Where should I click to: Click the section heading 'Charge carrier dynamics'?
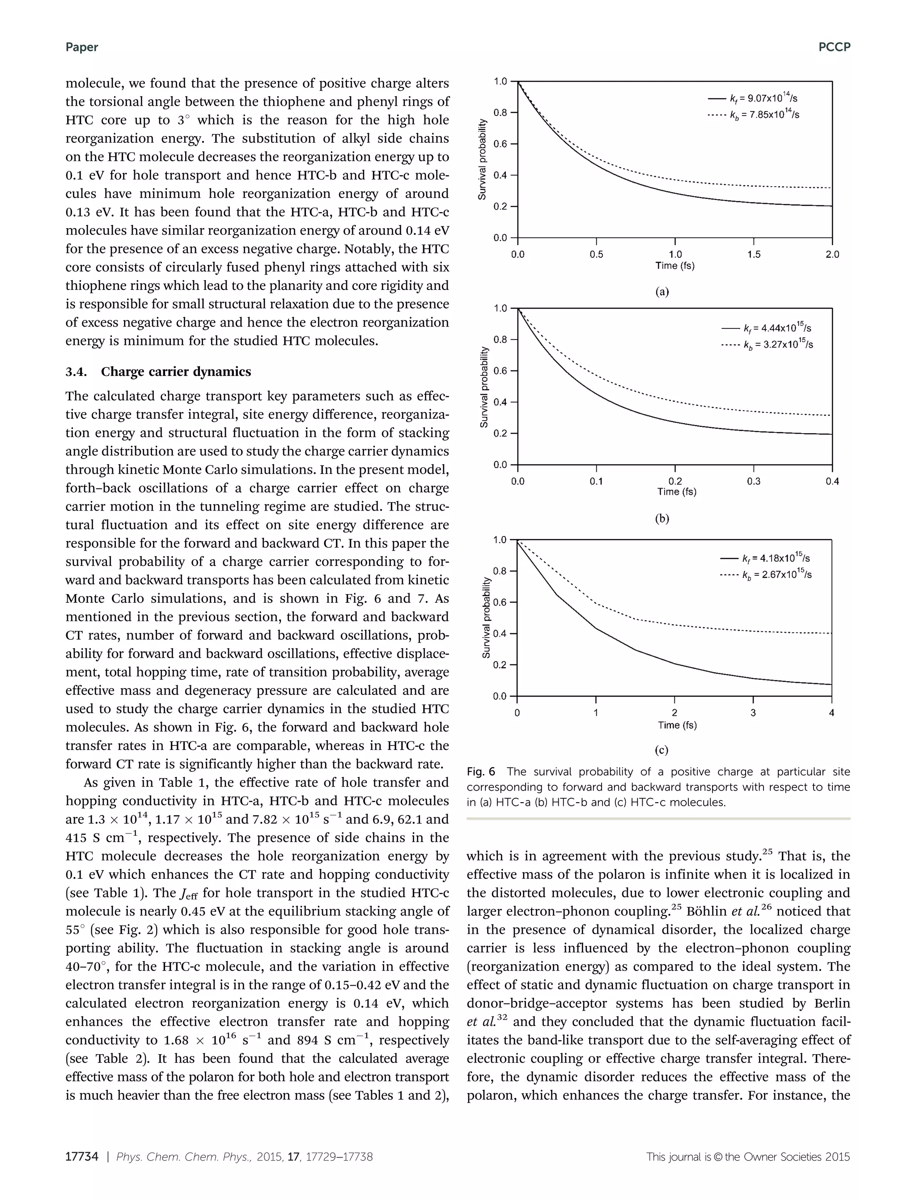click(176, 372)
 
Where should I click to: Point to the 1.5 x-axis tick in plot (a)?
click(754, 254)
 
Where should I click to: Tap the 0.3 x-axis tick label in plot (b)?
click(754, 481)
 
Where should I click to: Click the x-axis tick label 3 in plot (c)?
click(753, 713)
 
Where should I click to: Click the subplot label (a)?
click(662, 292)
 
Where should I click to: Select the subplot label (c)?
click(662, 750)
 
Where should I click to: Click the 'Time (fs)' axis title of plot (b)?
click(677, 491)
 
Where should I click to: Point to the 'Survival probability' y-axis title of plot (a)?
click(482, 159)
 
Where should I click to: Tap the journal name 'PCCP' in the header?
click(834, 47)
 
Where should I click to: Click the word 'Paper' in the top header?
click(82, 47)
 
